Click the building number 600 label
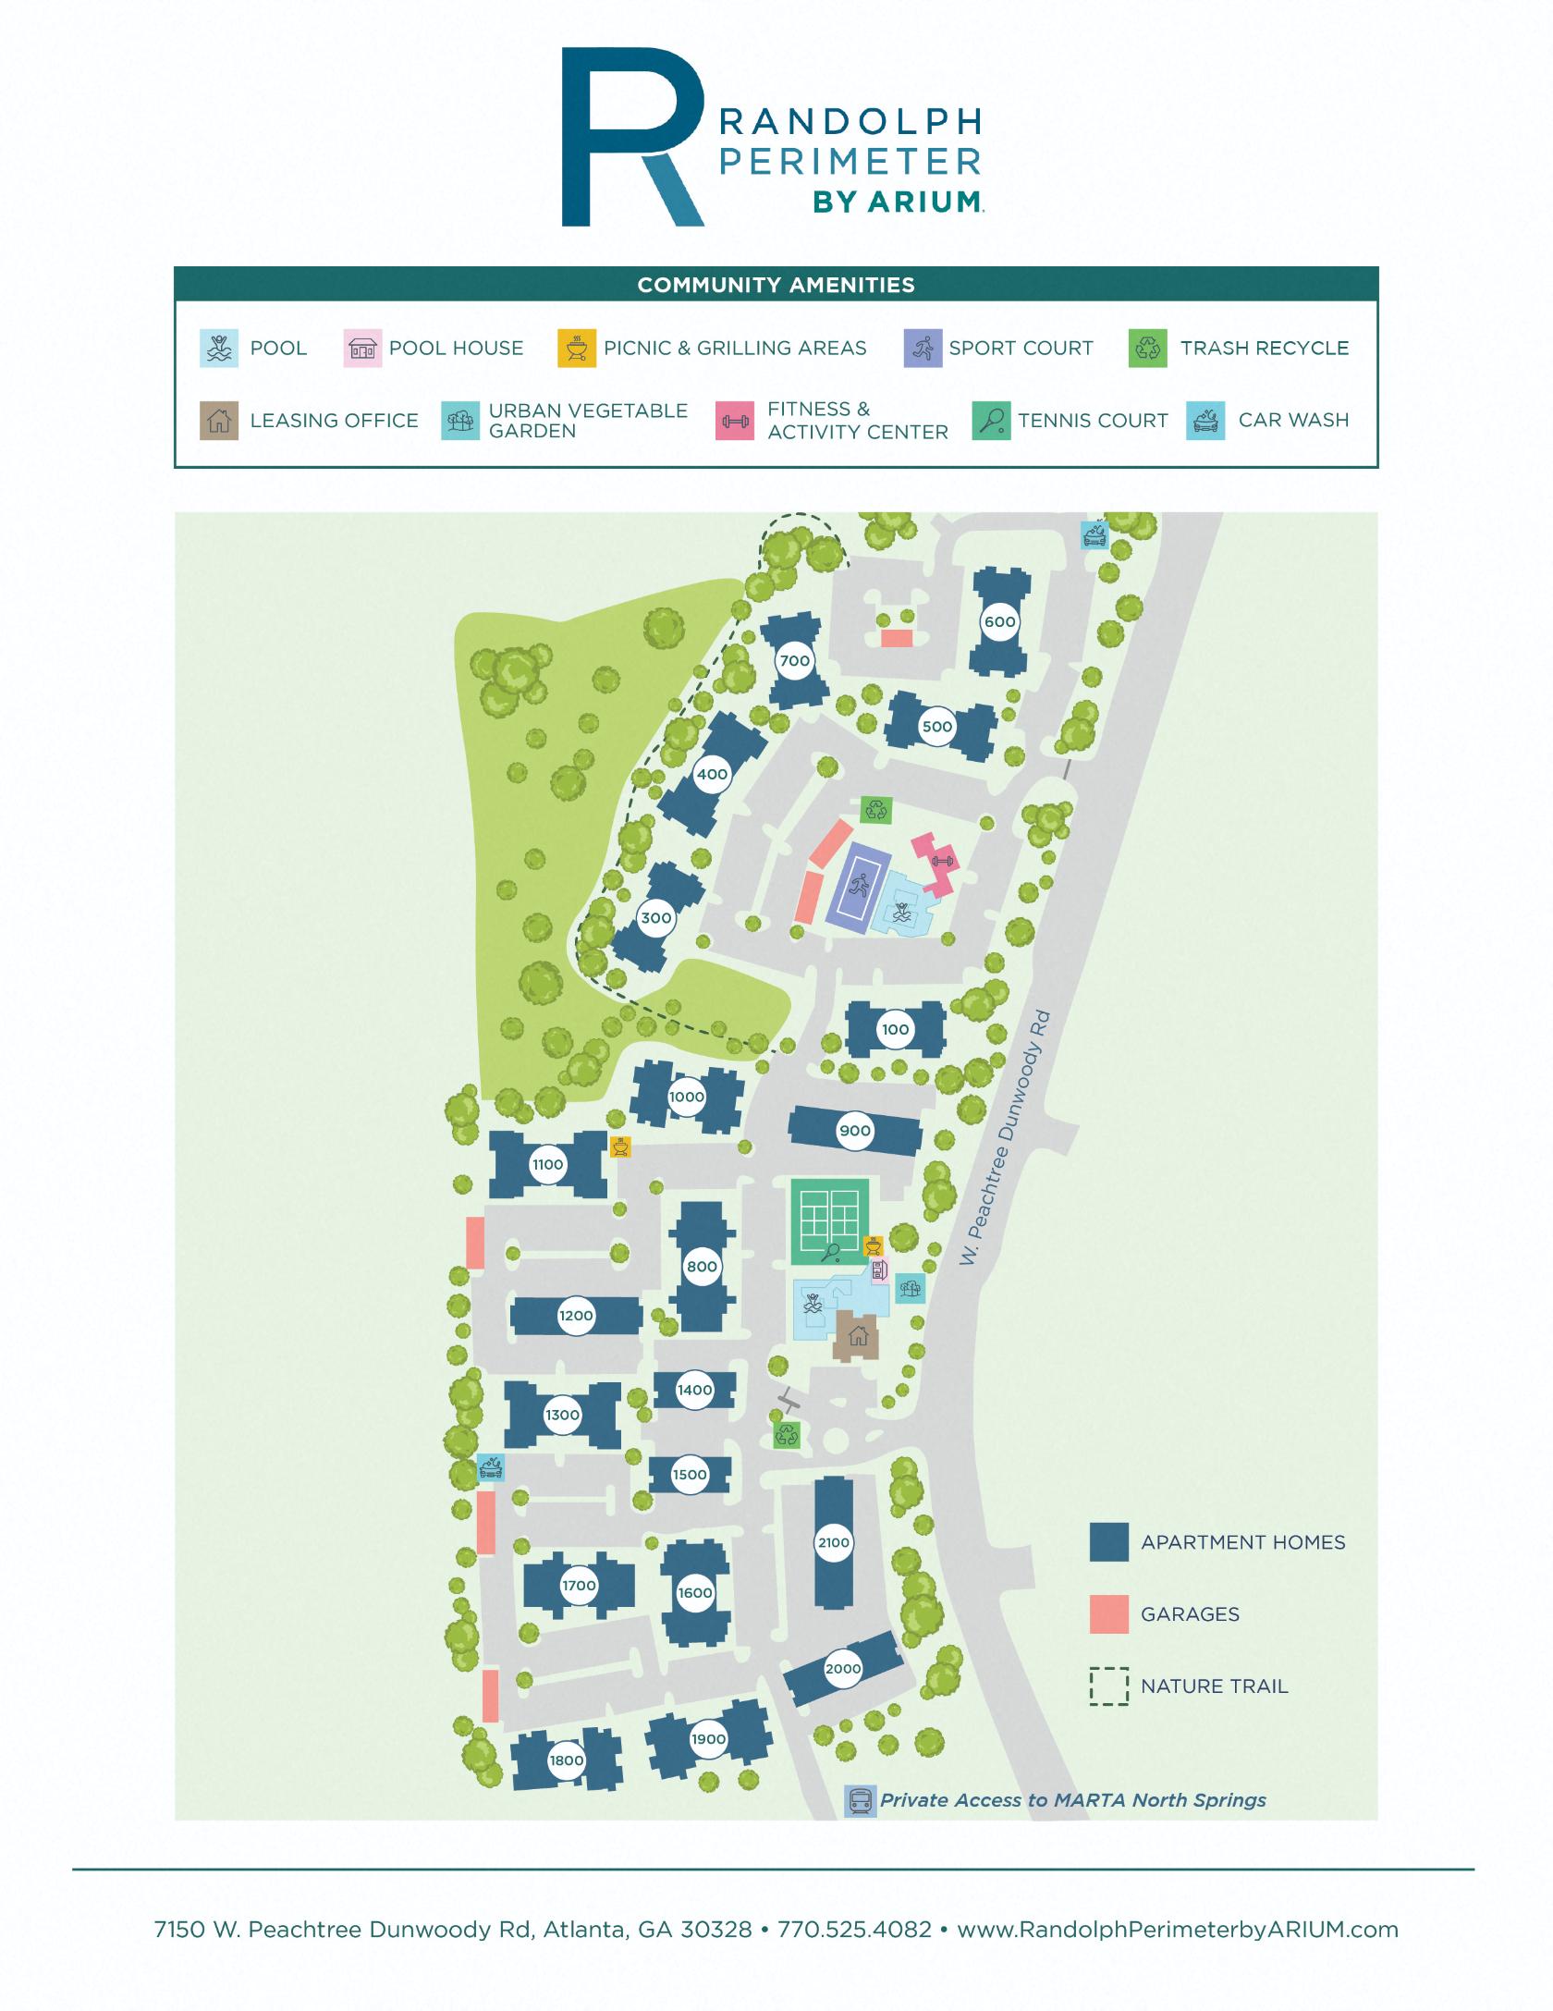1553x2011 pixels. [x=999, y=621]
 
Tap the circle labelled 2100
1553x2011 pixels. [x=834, y=1542]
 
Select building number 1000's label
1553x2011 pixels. [x=687, y=1097]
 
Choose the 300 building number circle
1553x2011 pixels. [x=656, y=918]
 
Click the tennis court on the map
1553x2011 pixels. [x=830, y=1220]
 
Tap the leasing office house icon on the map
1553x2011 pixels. [x=858, y=1335]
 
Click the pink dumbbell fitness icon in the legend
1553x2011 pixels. [x=735, y=421]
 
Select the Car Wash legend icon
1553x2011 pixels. [x=1205, y=421]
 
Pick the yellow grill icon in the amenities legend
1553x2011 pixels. [x=577, y=349]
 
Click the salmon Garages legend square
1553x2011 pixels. [x=1108, y=1613]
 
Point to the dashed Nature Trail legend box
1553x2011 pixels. [x=1108, y=1686]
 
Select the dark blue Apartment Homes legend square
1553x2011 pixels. [x=1108, y=1541]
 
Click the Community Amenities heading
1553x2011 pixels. [x=776, y=285]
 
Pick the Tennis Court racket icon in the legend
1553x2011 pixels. [x=991, y=421]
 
